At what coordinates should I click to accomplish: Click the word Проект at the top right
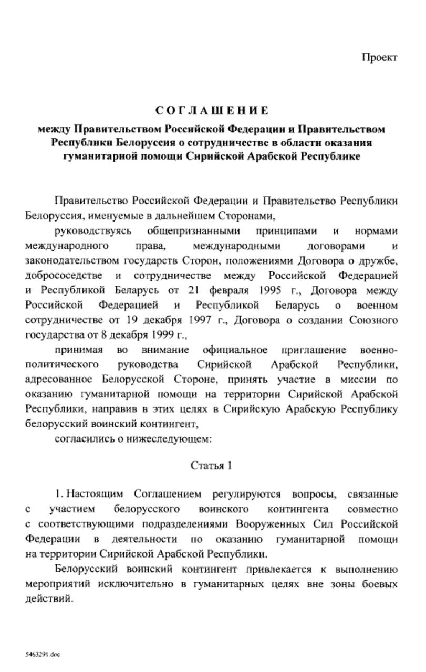pyautogui.click(x=379, y=57)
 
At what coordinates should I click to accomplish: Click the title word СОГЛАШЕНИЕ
pyautogui.click(x=212, y=111)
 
